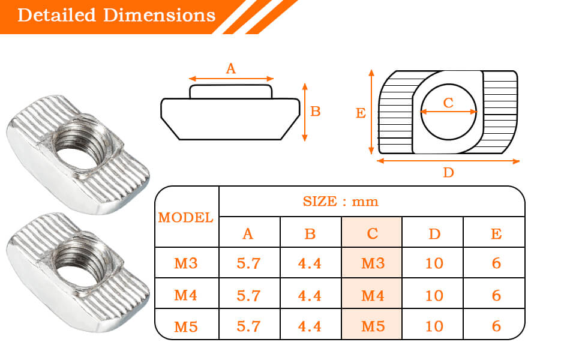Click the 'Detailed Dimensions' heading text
(116, 15)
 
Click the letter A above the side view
(231, 69)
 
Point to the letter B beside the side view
(316, 112)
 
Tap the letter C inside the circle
(448, 103)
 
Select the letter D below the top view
(448, 173)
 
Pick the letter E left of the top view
(361, 113)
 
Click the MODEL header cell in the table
(186, 217)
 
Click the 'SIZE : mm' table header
(341, 201)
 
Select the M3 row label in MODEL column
(186, 263)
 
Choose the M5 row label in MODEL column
(186, 326)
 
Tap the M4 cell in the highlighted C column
(372, 295)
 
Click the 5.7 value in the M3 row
(248, 263)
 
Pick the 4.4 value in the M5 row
(310, 326)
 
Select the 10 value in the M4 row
(434, 295)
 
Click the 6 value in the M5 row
(496, 326)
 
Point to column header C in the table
(372, 233)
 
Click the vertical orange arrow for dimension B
(305, 112)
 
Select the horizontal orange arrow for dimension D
(448, 161)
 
